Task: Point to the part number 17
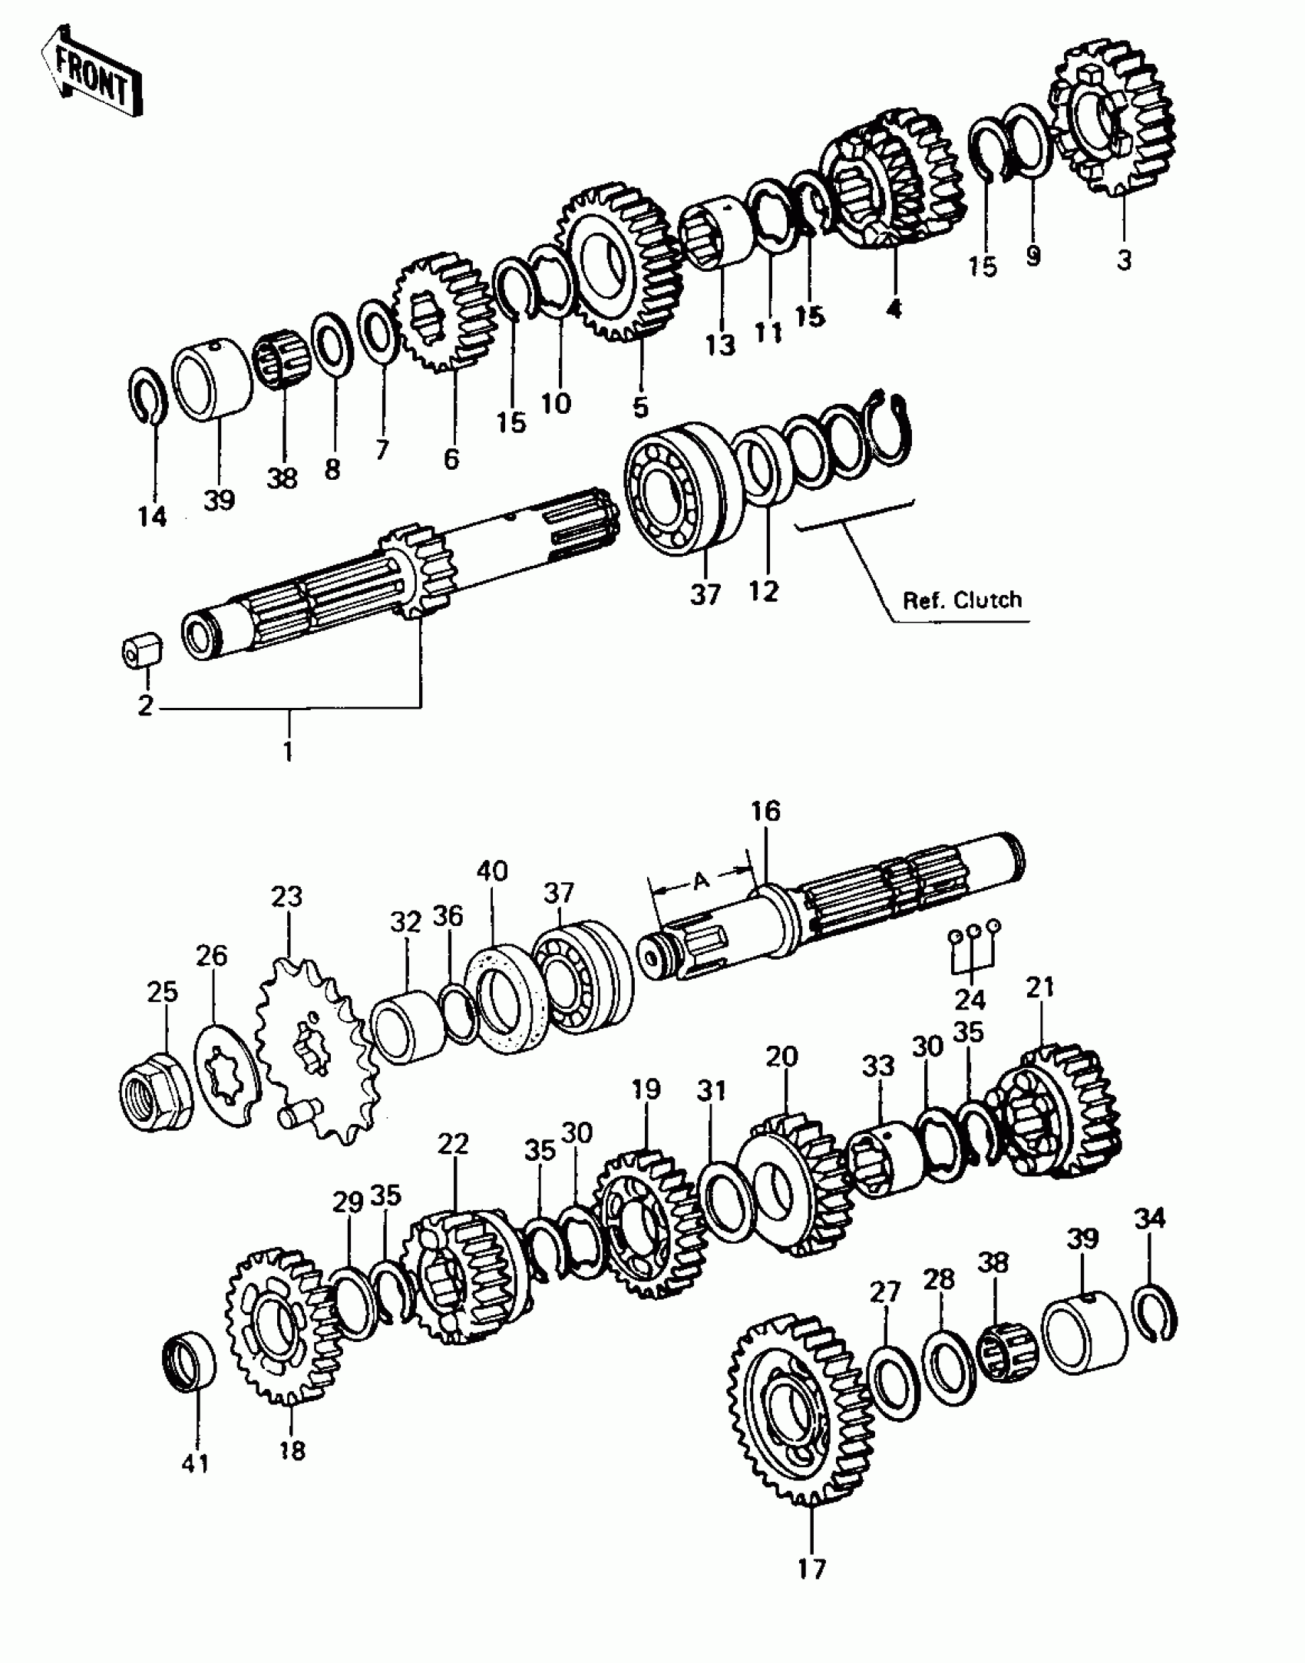(811, 1568)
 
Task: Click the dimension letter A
(700, 881)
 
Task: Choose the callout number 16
(765, 811)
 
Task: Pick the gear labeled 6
(444, 311)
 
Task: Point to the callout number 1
(288, 750)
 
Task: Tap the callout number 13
(720, 345)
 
